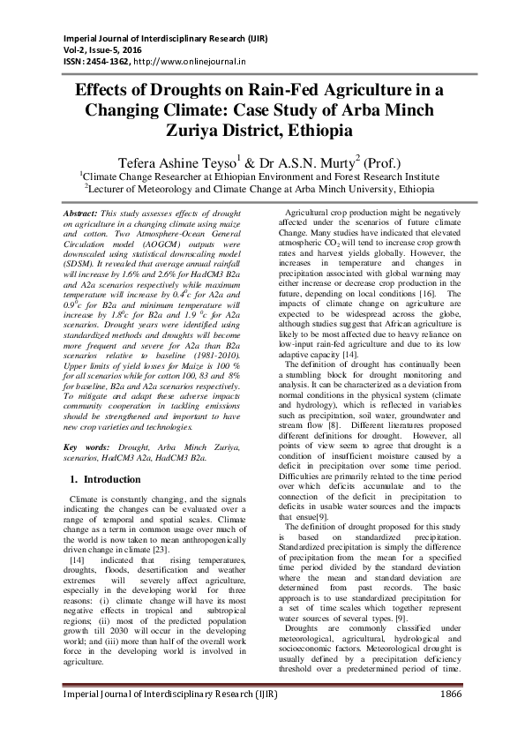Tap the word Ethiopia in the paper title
coord(308,131)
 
